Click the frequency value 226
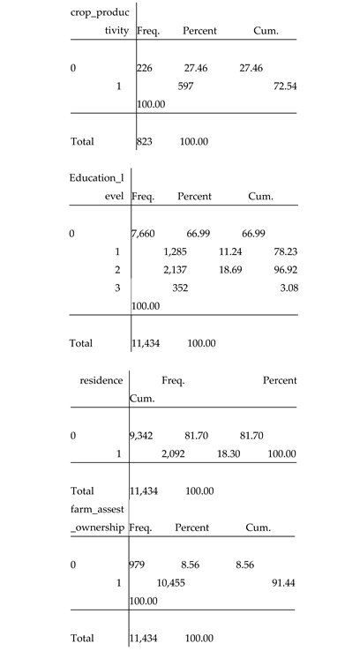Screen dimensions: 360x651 146,68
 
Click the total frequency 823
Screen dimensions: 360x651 147,141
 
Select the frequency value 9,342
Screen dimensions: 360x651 146,435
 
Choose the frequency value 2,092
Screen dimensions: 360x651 174,453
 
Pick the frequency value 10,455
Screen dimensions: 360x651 175,583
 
